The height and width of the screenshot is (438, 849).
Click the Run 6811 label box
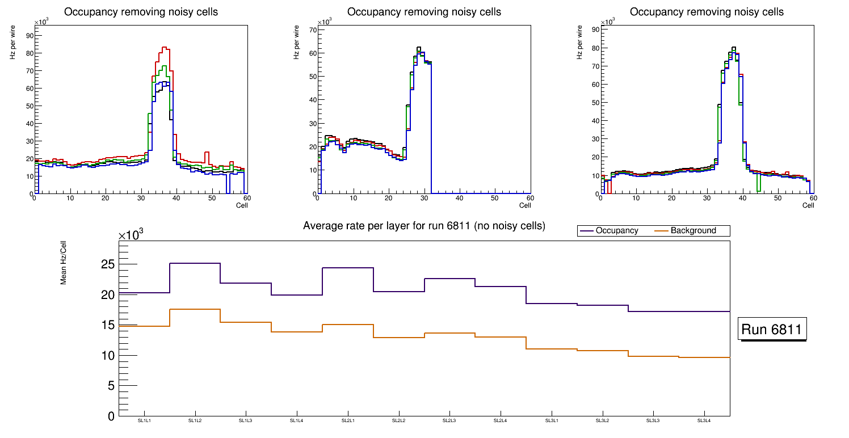[x=772, y=329]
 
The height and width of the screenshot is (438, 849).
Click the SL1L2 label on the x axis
[x=195, y=421]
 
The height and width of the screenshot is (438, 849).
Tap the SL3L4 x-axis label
[x=704, y=421]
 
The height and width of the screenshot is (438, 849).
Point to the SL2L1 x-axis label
[x=348, y=421]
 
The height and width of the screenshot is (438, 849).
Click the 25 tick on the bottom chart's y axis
[x=108, y=264]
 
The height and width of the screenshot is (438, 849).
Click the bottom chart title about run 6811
[x=424, y=226]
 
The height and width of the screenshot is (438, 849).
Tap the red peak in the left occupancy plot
[x=163, y=48]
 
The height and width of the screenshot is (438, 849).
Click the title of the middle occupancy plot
[x=424, y=12]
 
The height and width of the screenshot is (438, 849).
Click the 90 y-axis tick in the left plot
[x=29, y=35]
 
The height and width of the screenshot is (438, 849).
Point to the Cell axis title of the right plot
[x=808, y=205]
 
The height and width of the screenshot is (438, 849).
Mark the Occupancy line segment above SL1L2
[x=195, y=263]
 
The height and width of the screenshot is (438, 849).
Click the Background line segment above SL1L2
[x=195, y=309]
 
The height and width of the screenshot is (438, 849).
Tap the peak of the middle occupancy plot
[x=419, y=48]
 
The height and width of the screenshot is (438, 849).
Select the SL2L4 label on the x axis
[x=501, y=421]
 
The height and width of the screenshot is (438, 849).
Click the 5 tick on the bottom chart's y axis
[x=111, y=386]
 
